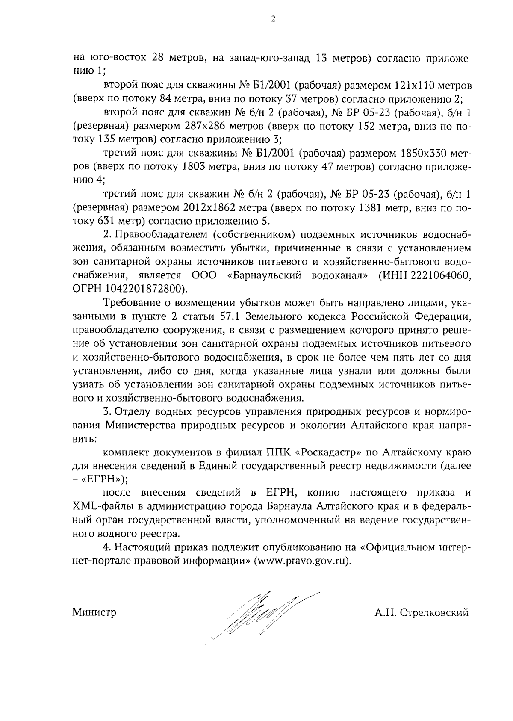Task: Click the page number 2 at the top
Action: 273,18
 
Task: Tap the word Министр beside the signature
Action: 94,612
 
